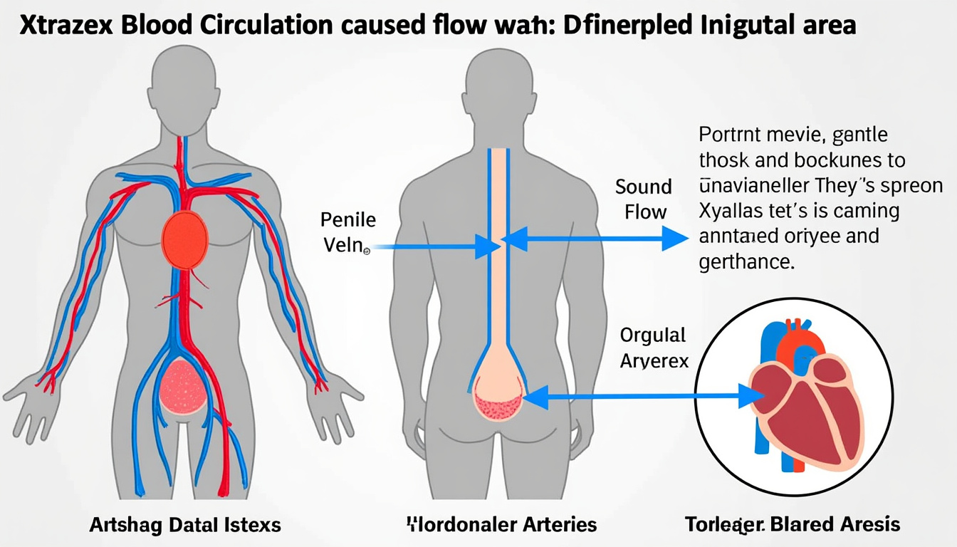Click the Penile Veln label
coord(348,232)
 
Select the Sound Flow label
coord(644,199)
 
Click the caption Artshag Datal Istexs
coord(185,526)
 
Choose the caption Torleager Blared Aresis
coord(792,526)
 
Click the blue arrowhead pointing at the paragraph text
coord(675,238)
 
